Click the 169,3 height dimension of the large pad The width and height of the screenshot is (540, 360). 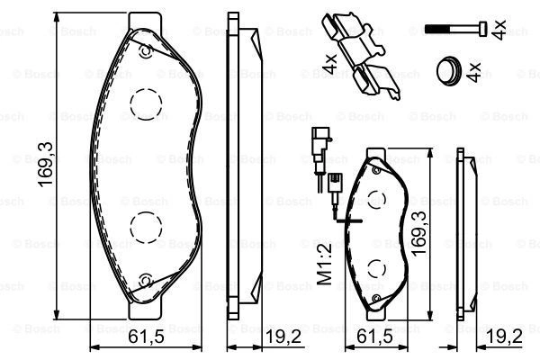tap(46, 165)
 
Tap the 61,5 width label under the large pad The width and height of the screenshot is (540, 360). tap(146, 337)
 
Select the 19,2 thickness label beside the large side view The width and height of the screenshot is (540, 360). tap(283, 337)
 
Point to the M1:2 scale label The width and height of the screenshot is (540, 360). tap(324, 264)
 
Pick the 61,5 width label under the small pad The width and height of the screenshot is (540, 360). tap(374, 337)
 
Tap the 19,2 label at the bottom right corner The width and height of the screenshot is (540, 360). tap(505, 337)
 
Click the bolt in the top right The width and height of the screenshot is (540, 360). tap(456, 28)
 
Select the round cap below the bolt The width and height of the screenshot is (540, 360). tap(449, 71)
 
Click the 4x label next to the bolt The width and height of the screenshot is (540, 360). tap(499, 30)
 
